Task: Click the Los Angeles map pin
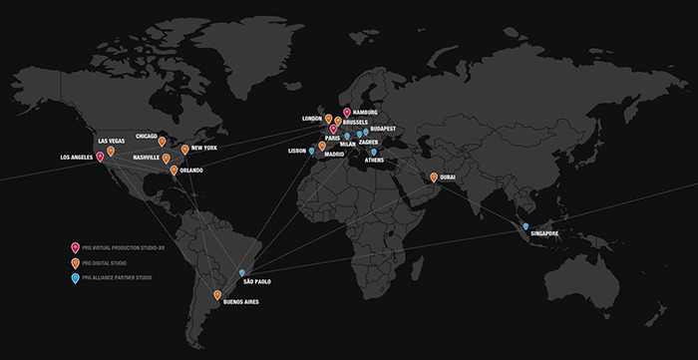(x=100, y=156)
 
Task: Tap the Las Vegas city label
(x=111, y=141)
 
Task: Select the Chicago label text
(x=147, y=136)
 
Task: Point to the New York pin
(x=185, y=149)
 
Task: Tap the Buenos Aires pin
(x=217, y=294)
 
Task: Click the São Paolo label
(x=256, y=282)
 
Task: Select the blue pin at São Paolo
(x=241, y=271)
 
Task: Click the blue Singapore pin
(x=525, y=225)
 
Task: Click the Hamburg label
(x=367, y=112)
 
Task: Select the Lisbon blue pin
(x=312, y=151)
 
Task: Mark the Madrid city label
(x=334, y=155)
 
